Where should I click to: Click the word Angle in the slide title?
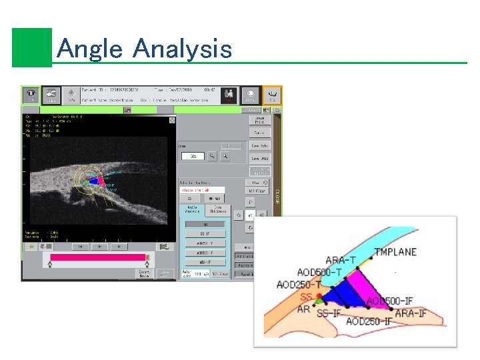[90, 49]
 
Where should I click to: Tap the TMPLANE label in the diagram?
[395, 252]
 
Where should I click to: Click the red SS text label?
[306, 297]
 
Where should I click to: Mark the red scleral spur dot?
[320, 296]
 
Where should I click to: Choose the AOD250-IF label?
[369, 322]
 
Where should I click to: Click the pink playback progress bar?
[97, 257]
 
